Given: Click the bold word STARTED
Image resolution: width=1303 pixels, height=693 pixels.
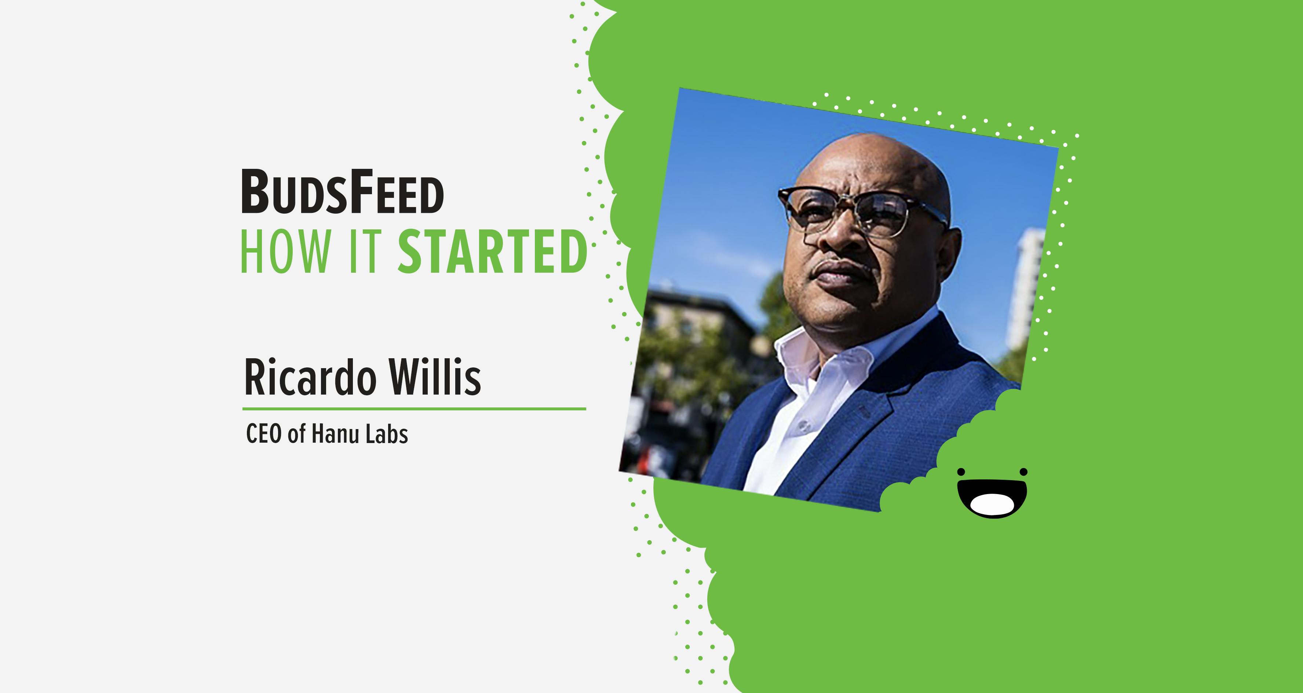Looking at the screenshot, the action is tap(493, 251).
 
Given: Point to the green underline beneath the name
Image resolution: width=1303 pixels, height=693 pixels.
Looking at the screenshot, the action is tap(414, 409).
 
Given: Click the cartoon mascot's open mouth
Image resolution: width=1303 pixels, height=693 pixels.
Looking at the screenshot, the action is tap(992, 498).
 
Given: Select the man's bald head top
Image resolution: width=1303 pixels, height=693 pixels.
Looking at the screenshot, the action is tap(880, 157).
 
